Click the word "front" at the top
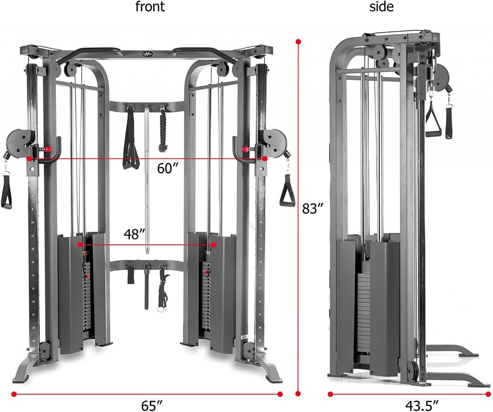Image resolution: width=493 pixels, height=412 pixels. [x=150, y=7]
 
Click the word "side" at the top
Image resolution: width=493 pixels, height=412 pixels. [x=381, y=7]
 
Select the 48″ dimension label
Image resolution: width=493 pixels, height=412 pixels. [x=135, y=234]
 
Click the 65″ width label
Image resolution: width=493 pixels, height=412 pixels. [x=152, y=406]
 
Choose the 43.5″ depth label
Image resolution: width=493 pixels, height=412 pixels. [x=422, y=405]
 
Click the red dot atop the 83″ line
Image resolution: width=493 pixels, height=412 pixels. [x=298, y=41]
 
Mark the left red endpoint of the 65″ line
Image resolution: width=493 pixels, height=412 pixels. [x=14, y=394]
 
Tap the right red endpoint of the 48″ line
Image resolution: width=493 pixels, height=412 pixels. [x=214, y=245]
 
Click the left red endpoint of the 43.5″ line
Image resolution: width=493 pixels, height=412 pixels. [x=330, y=394]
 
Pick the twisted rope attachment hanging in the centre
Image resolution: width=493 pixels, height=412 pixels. [x=163, y=129]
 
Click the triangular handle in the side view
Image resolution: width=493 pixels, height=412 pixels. [x=433, y=120]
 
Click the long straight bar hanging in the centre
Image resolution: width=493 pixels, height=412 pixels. [x=147, y=179]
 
